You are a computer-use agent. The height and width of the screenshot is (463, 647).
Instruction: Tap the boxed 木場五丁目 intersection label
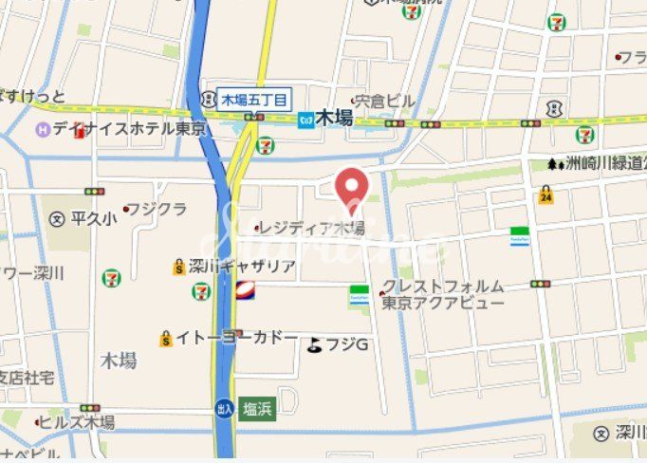(254, 98)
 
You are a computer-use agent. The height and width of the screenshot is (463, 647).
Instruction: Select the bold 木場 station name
(334, 119)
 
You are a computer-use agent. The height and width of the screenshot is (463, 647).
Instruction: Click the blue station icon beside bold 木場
(305, 120)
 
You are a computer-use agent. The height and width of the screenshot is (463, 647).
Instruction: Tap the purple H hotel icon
(42, 129)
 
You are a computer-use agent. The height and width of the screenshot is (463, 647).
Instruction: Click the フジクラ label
(156, 208)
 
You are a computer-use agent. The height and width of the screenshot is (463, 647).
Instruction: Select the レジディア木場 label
(314, 228)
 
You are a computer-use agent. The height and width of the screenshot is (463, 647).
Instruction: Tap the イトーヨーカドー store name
(236, 338)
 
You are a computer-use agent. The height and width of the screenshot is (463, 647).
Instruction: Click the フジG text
(347, 344)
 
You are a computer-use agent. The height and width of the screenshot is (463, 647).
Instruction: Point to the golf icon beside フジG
(314, 344)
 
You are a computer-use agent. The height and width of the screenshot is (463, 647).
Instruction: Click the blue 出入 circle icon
(224, 407)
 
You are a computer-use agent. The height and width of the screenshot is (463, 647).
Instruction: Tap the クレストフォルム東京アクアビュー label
(443, 294)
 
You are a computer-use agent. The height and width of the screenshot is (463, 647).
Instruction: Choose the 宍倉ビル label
(383, 100)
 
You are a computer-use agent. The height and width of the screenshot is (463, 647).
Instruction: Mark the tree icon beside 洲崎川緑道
(553, 163)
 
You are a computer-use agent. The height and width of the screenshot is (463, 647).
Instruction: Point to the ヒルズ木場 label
(80, 422)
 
